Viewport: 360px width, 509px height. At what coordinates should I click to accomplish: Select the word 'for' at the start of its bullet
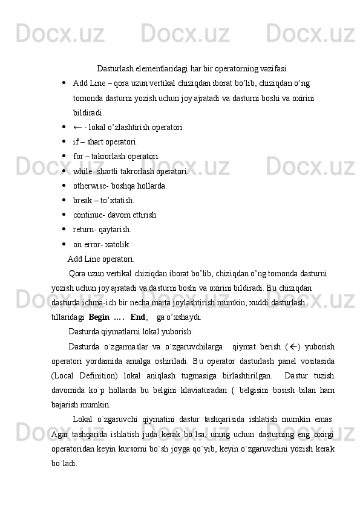[78, 157]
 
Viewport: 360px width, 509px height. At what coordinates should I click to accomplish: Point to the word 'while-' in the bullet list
[84, 171]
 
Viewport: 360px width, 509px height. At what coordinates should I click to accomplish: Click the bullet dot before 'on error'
[64, 244]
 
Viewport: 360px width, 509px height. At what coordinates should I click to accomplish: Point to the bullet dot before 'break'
[64, 200]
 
